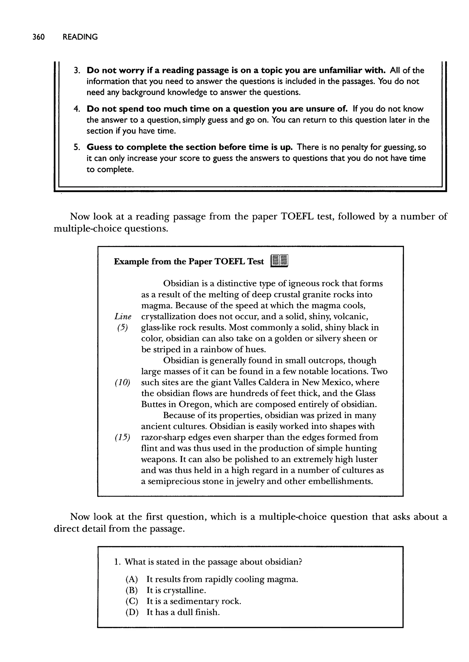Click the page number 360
tap(38, 37)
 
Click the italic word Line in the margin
tap(123, 317)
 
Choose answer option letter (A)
tap(132, 580)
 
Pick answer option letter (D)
tap(132, 612)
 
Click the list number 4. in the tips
tap(76, 109)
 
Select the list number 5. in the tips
tap(76, 147)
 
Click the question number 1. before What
tap(117, 562)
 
